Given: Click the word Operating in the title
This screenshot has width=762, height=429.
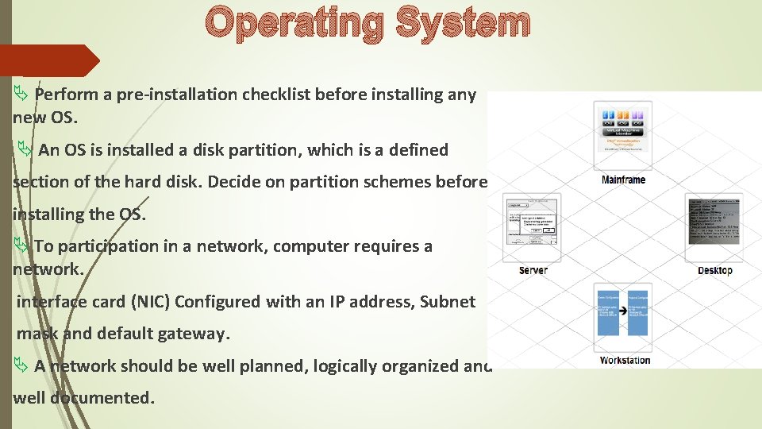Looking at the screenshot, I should click(x=294, y=23).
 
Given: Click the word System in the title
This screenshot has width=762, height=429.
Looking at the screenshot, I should click(x=463, y=23).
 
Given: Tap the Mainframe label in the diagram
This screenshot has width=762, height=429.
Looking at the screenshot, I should click(x=623, y=180).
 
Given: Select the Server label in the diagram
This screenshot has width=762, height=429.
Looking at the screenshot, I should click(x=533, y=271).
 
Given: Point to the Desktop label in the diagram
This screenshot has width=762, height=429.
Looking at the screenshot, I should click(x=714, y=271).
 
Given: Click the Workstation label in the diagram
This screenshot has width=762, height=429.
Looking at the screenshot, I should click(x=625, y=361).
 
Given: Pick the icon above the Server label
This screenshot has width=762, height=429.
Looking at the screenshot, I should click(x=532, y=226).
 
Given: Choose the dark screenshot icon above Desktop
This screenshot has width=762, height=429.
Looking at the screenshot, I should click(x=714, y=221).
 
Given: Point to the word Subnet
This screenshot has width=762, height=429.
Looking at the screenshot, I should click(x=448, y=302).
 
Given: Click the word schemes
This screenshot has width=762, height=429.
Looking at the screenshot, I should click(x=393, y=182).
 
